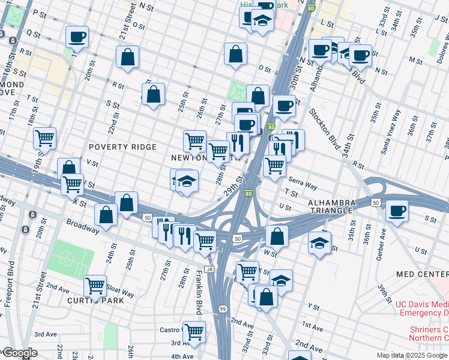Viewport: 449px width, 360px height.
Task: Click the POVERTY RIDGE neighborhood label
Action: pyautogui.click(x=122, y=147)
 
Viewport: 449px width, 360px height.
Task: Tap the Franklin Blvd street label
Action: pyautogui.click(x=198, y=292)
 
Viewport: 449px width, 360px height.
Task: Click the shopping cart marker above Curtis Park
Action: pyautogui.click(x=95, y=286)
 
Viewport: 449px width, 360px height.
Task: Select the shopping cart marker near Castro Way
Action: pyautogui.click(x=194, y=331)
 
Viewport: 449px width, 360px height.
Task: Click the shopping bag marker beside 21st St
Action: pyautogui.click(x=128, y=57)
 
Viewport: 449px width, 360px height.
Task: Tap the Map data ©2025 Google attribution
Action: pyautogui.click(x=411, y=355)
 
